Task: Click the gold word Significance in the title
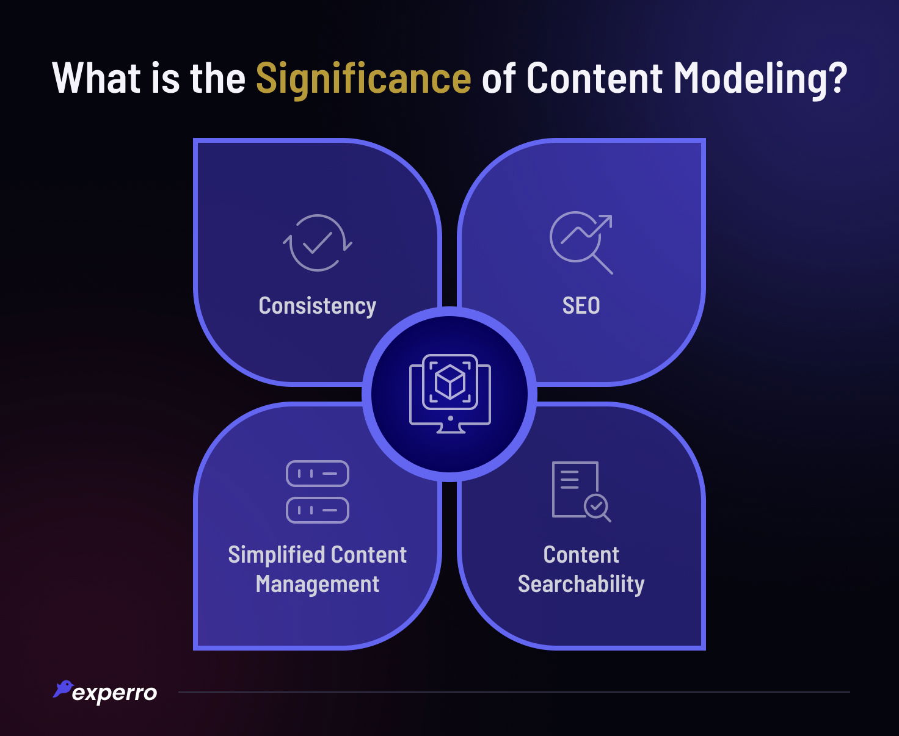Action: click(x=363, y=79)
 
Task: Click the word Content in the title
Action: click(x=594, y=79)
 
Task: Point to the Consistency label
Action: click(x=317, y=306)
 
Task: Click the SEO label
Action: click(x=581, y=306)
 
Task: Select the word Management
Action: click(x=317, y=584)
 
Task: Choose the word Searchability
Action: click(x=581, y=584)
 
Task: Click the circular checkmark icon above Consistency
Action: click(x=317, y=242)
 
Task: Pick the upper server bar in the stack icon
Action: click(x=317, y=474)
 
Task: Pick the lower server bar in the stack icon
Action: click(x=317, y=510)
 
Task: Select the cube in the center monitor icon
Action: click(x=450, y=381)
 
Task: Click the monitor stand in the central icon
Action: click(x=450, y=428)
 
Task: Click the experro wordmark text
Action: click(x=114, y=693)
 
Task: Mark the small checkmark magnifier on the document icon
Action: click(x=597, y=507)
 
